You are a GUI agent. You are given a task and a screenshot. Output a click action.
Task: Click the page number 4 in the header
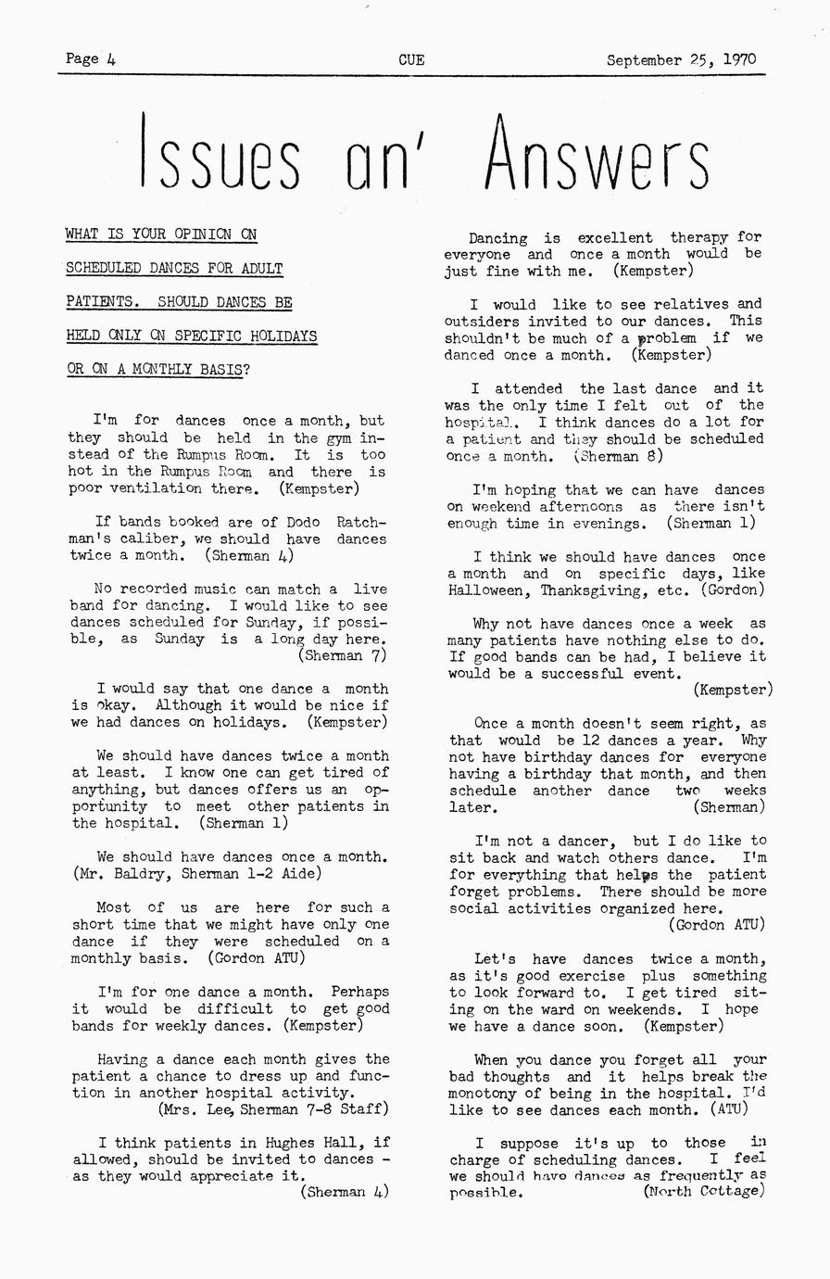(111, 59)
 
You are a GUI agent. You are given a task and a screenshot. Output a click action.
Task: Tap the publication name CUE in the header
(411, 60)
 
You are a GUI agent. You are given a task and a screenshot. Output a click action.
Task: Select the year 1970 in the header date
(739, 60)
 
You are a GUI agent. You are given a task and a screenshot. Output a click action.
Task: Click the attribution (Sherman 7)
(343, 656)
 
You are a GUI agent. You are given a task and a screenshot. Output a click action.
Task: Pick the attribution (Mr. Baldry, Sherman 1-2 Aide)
(196, 873)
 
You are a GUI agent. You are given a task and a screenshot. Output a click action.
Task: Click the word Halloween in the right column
(486, 589)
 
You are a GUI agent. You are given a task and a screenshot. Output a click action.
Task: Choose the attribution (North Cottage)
(704, 1191)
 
